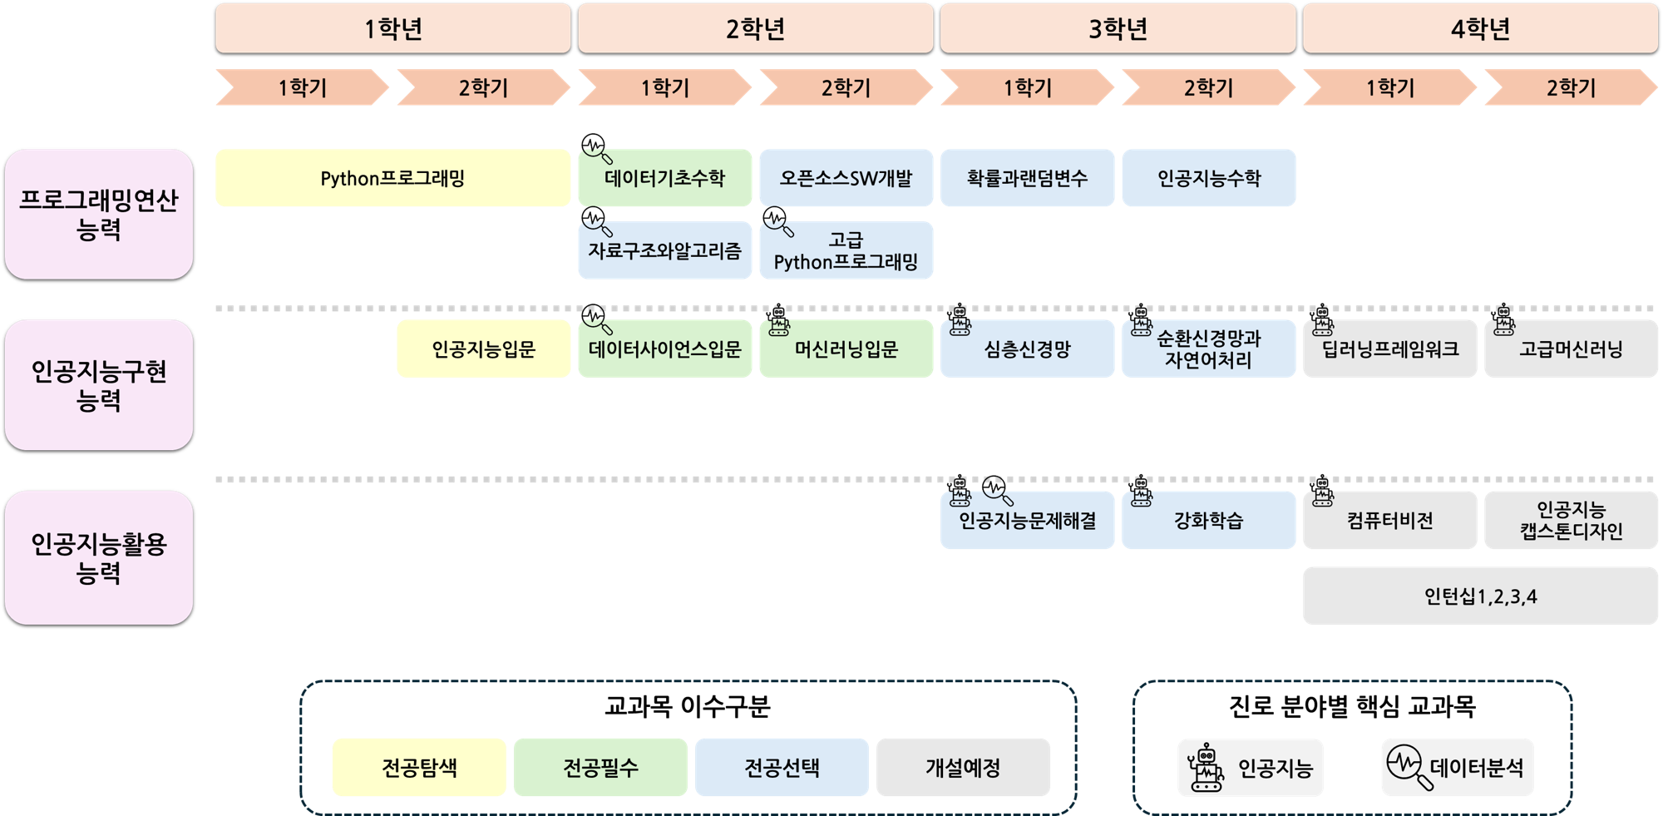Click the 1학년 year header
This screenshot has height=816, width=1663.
click(392, 29)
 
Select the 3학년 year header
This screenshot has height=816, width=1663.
click(1118, 29)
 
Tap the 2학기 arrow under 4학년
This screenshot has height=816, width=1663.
click(1570, 87)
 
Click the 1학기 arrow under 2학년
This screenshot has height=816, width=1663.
click(664, 87)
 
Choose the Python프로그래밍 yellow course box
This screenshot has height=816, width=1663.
click(392, 178)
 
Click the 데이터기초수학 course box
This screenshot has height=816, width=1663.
click(664, 178)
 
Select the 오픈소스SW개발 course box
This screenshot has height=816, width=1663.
click(846, 178)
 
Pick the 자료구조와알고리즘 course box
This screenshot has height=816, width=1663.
click(664, 250)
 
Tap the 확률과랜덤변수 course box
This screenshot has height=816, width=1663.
click(1027, 178)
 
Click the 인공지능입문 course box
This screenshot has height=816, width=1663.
click(483, 349)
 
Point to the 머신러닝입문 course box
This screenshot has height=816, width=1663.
click(846, 349)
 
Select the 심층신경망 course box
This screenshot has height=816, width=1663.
click(1027, 349)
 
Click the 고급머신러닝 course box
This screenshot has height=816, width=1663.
click(1571, 349)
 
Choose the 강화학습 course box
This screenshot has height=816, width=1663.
click(1208, 521)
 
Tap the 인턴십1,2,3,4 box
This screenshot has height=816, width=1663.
click(1480, 596)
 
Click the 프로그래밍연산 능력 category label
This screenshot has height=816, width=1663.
click(99, 215)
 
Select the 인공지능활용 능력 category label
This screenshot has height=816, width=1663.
click(99, 557)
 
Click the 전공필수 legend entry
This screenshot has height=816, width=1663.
click(600, 767)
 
